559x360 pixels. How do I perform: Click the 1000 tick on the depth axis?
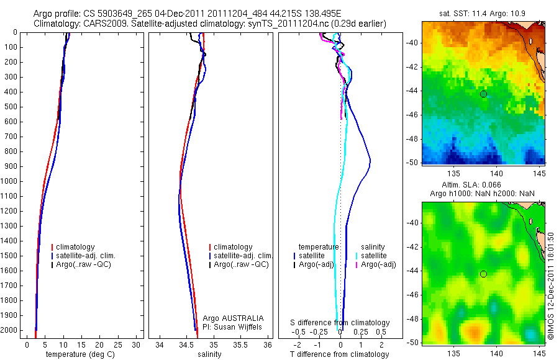coord(12,181)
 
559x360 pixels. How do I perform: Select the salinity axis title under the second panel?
coord(208,354)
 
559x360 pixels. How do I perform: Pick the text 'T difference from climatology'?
coord(340,354)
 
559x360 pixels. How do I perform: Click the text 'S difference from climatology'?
coord(340,323)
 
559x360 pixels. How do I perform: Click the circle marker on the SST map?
coord(483,94)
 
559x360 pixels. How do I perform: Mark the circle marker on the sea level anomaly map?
coord(483,274)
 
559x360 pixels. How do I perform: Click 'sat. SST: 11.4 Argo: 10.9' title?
coord(483,13)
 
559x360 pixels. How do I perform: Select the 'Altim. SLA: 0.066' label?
coord(483,186)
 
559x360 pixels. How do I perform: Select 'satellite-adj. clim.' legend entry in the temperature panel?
coord(90,256)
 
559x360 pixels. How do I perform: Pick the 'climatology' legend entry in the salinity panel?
coord(233,247)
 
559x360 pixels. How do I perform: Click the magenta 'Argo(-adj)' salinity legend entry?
coord(379,264)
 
